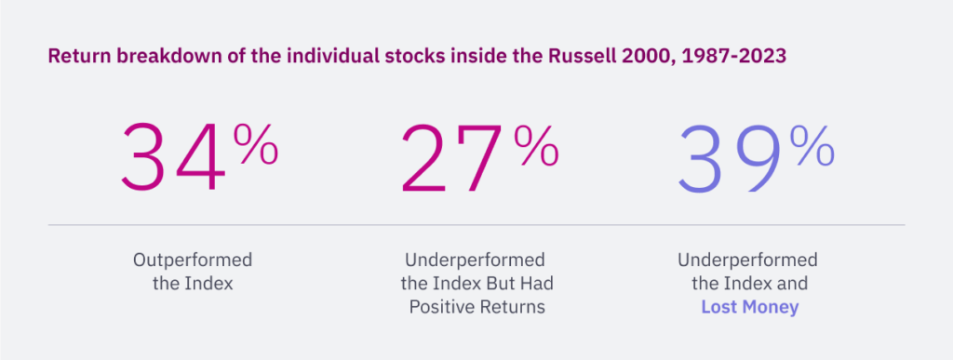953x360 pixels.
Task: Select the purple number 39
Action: [x=730, y=158]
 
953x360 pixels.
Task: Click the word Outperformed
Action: [x=193, y=259]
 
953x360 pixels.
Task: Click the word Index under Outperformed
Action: [x=208, y=283]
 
